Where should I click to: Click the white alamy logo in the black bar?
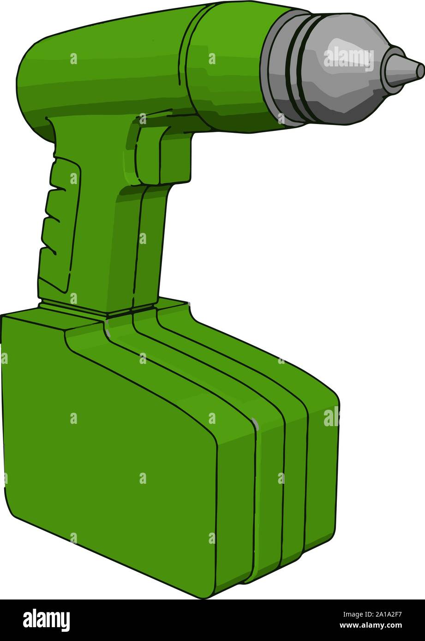click(46, 620)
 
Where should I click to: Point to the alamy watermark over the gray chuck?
click(349, 58)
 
